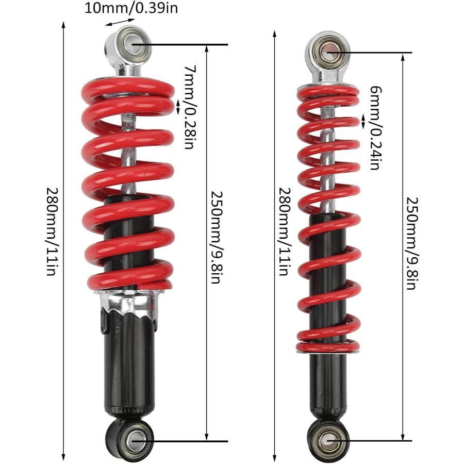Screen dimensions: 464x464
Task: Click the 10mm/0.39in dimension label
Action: (131, 8)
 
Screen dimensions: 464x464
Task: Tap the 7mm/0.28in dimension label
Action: (190, 107)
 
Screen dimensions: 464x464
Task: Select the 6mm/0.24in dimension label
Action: (375, 128)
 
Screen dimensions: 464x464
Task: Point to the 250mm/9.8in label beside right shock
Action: (411, 243)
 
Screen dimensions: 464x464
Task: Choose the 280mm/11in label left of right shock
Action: (285, 231)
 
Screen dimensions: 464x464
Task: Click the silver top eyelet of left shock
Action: (128, 44)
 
